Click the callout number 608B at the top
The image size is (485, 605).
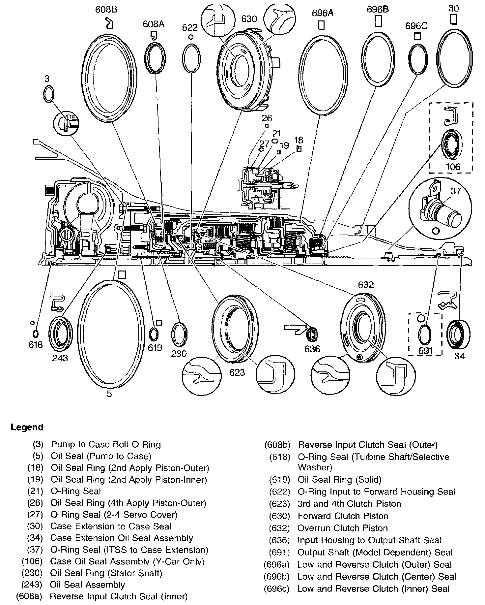click(x=106, y=10)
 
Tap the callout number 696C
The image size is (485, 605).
click(x=416, y=26)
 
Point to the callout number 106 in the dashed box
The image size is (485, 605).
click(x=453, y=166)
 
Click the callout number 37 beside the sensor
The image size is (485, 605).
click(x=456, y=191)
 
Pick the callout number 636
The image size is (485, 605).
click(x=312, y=349)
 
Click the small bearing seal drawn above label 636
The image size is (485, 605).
click(x=311, y=335)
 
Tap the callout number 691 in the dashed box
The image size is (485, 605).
click(x=425, y=351)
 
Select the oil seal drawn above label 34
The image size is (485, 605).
click(x=458, y=334)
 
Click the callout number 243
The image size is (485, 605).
click(x=60, y=358)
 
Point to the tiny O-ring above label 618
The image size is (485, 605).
click(x=35, y=333)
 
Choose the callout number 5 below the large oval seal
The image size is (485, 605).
click(x=109, y=394)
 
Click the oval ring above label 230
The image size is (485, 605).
click(x=179, y=334)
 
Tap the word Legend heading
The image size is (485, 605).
click(x=27, y=427)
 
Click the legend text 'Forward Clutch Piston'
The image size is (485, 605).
click(x=343, y=516)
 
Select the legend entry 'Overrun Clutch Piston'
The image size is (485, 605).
click(x=342, y=528)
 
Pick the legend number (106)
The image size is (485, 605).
click(x=32, y=561)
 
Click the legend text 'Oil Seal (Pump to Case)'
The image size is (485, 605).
click(x=101, y=456)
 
